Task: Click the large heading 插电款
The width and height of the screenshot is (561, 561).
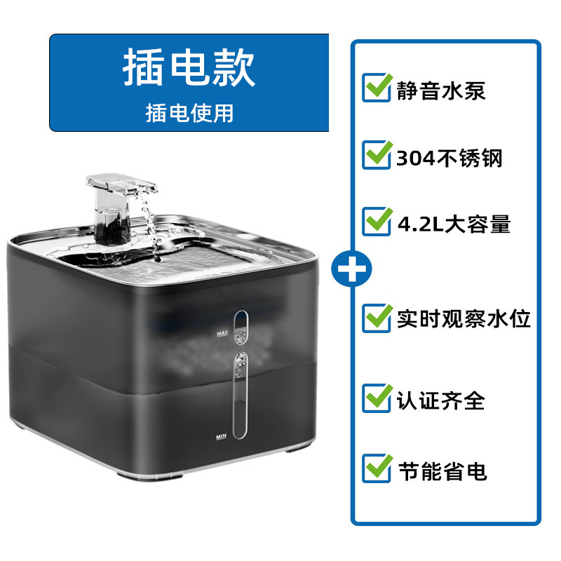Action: click(x=189, y=67)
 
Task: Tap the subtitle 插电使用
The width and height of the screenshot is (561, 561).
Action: click(x=189, y=113)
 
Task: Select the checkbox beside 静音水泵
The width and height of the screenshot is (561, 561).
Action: click(x=377, y=88)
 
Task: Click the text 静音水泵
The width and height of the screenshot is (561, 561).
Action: click(x=441, y=90)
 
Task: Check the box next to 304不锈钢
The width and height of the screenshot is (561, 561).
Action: click(x=377, y=155)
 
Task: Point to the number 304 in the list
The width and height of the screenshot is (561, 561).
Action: click(x=416, y=158)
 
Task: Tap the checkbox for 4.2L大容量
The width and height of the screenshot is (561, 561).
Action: click(x=377, y=222)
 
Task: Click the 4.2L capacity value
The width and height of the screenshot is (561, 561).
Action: click(x=420, y=224)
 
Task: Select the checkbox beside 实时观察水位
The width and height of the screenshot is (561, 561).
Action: click(x=377, y=318)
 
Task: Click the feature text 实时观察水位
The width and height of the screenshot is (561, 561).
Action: click(x=464, y=318)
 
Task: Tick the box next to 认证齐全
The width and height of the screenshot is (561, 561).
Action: click(x=377, y=398)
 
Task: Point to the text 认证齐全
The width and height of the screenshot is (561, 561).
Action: click(x=441, y=400)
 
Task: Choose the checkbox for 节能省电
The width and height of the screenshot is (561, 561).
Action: click(x=377, y=468)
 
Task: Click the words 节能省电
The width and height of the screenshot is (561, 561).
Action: click(x=442, y=471)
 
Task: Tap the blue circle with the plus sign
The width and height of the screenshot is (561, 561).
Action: click(x=351, y=269)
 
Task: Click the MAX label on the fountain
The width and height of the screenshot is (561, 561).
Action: click(x=222, y=333)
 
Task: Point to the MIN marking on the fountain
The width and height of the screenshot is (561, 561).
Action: click(x=221, y=436)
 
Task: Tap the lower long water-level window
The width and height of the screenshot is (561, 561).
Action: click(x=240, y=396)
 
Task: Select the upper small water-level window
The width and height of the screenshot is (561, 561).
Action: click(x=241, y=327)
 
